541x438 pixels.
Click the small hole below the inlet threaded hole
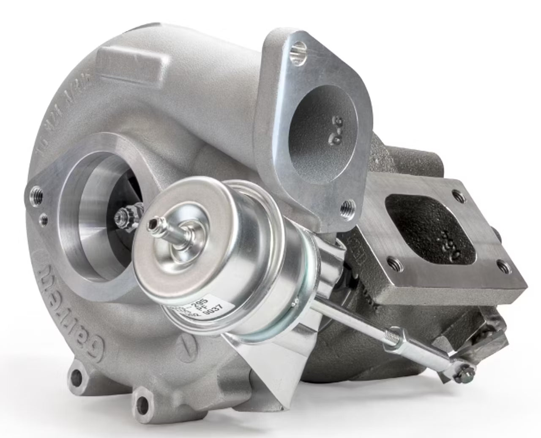(x=43, y=218)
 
